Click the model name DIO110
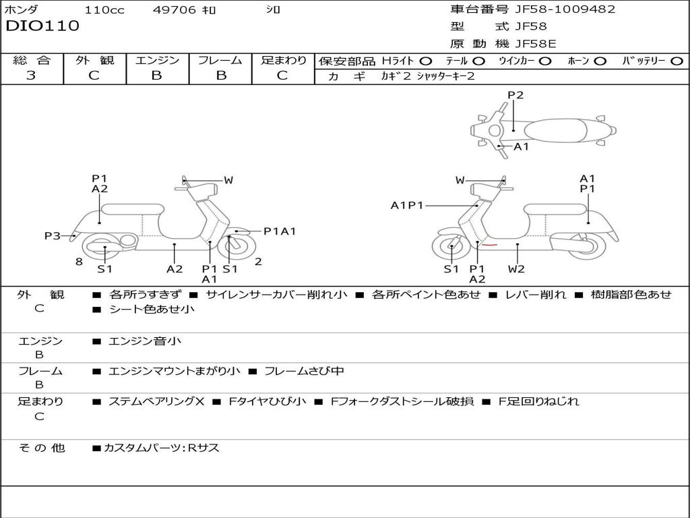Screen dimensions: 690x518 click(x=42, y=26)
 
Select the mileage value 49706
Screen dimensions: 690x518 click(x=175, y=9)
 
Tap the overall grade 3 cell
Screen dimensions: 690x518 click(x=32, y=76)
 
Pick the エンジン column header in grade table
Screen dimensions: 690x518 click(x=157, y=60)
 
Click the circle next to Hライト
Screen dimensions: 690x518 click(x=426, y=61)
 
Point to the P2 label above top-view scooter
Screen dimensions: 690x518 click(x=515, y=95)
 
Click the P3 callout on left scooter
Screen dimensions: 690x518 click(x=53, y=236)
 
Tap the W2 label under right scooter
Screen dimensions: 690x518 click(x=517, y=269)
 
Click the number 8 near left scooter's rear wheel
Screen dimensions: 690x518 click(x=79, y=262)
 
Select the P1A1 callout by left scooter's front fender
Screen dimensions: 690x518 click(x=280, y=231)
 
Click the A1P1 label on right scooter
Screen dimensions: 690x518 click(x=407, y=205)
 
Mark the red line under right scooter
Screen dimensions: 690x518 click(x=489, y=244)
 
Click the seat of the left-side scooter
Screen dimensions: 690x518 click(x=132, y=209)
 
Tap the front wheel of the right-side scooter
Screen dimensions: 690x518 click(x=451, y=248)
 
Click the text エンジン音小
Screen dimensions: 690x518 click(x=145, y=341)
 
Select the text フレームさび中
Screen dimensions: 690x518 click(x=304, y=371)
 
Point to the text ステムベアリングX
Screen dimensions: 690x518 click(x=156, y=401)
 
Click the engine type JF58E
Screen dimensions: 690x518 click(x=536, y=44)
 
